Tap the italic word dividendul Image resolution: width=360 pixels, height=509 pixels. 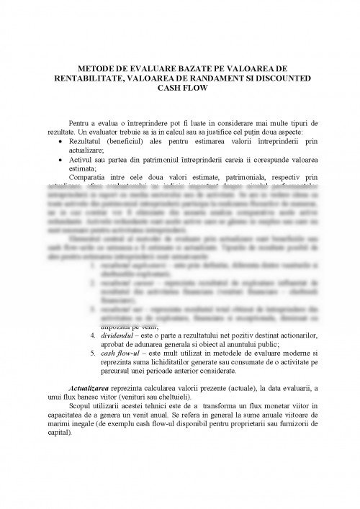[x=120, y=335]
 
